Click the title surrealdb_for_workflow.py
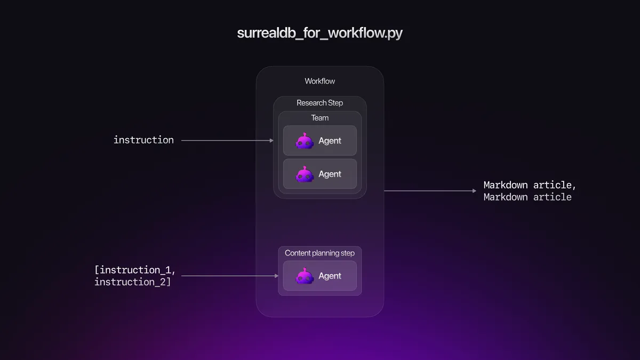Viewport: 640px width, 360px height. [319, 33]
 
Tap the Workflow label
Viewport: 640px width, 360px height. [319, 81]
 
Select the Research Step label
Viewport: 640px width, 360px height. [319, 103]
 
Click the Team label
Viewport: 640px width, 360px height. [319, 118]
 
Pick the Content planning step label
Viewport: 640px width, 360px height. [319, 253]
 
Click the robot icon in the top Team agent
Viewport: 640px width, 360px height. [305, 141]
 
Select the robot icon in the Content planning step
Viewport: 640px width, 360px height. [305, 276]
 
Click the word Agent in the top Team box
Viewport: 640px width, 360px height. [330, 141]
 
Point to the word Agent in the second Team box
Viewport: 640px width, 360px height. [330, 174]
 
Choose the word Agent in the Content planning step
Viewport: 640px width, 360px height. [330, 276]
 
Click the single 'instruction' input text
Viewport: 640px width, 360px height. [143, 140]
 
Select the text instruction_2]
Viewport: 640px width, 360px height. [133, 282]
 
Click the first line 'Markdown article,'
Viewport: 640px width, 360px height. [530, 185]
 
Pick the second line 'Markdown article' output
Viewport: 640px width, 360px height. [527, 197]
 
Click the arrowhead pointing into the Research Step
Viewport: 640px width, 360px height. [271, 140]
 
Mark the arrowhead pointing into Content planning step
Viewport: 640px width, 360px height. [276, 276]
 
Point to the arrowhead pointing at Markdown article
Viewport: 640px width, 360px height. [474, 190]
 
